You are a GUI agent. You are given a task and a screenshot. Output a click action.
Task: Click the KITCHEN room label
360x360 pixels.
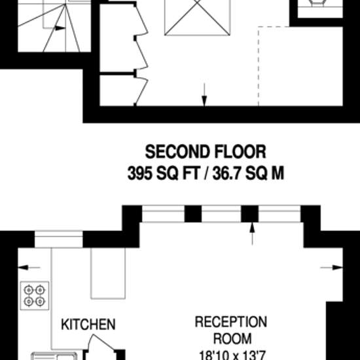pyautogui.click(x=88, y=324)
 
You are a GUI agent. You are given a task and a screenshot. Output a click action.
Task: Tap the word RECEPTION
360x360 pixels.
pyautogui.click(x=231, y=321)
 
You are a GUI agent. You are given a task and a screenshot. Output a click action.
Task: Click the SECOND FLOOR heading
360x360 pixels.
pyautogui.click(x=206, y=152)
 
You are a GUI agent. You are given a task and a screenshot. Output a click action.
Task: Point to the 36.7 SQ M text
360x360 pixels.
pyautogui.click(x=248, y=173)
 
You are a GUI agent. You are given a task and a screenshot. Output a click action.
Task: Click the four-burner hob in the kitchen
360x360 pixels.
pyautogui.click(x=35, y=295)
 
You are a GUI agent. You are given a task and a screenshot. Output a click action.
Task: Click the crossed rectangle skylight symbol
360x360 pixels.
pyautogui.click(x=197, y=18)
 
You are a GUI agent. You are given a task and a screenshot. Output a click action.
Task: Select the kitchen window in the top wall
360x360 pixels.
pyautogui.click(x=58, y=239)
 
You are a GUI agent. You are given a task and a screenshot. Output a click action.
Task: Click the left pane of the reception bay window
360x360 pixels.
pyautogui.click(x=163, y=214)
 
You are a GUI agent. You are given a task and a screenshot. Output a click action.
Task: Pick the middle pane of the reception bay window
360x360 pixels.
pyautogui.click(x=221, y=214)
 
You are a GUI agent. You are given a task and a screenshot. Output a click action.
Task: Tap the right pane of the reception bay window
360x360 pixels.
pyautogui.click(x=279, y=214)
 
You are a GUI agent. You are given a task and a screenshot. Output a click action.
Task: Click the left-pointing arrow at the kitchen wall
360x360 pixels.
pyautogui.click(x=29, y=268)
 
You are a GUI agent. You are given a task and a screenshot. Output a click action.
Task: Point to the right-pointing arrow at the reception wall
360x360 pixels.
pyautogui.click(x=331, y=268)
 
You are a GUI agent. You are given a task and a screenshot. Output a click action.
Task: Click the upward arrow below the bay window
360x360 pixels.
pyautogui.click(x=252, y=234)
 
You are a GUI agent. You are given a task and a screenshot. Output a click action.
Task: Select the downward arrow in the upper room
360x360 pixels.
pyautogui.click(x=204, y=95)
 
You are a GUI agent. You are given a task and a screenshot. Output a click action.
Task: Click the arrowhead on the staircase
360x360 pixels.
pyautogui.click(x=60, y=28)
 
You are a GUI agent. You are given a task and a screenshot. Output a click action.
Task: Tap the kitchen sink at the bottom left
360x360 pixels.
pyautogui.click(x=54, y=356)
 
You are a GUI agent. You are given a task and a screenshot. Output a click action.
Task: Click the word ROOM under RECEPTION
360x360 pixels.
pyautogui.click(x=232, y=338)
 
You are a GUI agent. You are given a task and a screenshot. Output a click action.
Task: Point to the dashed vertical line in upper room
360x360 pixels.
pyautogui.click(x=259, y=66)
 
